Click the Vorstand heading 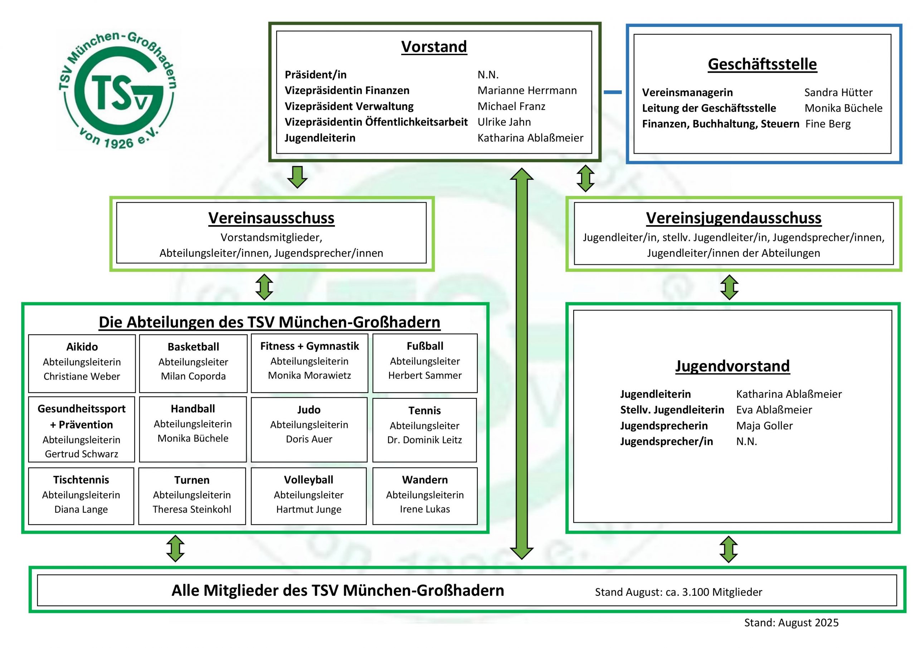coord(434,47)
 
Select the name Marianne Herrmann coord(527,91)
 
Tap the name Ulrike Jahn coord(504,122)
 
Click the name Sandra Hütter coord(838,93)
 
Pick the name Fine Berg coord(828,124)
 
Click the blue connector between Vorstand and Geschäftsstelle coord(613,92)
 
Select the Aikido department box coord(82,363)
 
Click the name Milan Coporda coord(193,376)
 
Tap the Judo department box coord(309,429)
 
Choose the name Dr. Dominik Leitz coord(424,440)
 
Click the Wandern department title coord(425,479)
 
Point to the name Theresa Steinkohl coord(192,509)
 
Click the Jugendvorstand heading coord(732,366)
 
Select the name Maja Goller coord(764,426)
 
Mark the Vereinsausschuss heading coord(271,218)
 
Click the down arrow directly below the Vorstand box coord(297,177)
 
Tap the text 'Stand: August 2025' coord(791,623)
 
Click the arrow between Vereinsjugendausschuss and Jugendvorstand coord(729,287)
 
